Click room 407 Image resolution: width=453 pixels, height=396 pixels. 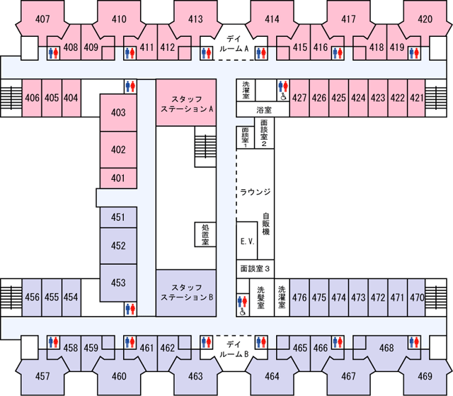click(42, 19)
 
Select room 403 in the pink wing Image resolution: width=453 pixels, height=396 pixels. click(118, 113)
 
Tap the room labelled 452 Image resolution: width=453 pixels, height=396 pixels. click(118, 246)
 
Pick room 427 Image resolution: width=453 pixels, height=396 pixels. click(299, 98)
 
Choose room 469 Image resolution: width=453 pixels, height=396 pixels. click(425, 375)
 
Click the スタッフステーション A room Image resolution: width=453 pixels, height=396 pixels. click(186, 103)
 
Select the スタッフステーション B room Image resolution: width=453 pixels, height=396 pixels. click(186, 293)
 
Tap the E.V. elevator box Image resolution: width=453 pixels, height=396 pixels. click(247, 241)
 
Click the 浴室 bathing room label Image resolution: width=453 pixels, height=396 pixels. click(264, 110)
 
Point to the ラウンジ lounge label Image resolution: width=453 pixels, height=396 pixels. click(256, 192)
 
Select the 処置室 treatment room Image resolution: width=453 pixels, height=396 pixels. click(205, 234)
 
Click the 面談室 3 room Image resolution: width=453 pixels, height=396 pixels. click(255, 268)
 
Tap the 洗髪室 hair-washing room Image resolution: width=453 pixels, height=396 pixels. click(261, 298)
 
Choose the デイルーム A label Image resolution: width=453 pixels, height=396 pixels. click(234, 44)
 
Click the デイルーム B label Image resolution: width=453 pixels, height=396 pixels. click(234, 349)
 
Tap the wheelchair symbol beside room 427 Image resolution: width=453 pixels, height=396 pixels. click(283, 96)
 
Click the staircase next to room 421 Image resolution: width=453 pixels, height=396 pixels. click(436, 98)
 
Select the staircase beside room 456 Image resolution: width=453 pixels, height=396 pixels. click(11, 298)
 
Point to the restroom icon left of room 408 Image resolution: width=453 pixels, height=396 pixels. click(54, 53)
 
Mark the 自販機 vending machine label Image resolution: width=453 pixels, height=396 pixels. click(266, 224)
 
